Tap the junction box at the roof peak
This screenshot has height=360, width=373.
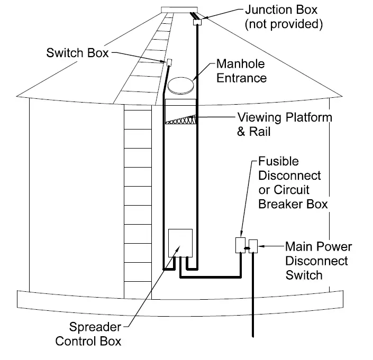click(197, 21)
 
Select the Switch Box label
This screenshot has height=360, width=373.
click(77, 52)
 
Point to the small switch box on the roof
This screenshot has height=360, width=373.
click(169, 62)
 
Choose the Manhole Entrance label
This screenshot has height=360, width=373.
click(242, 71)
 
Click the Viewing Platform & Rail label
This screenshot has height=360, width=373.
click(284, 124)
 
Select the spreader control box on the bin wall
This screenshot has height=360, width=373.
click(180, 243)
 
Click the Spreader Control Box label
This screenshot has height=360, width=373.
click(88, 334)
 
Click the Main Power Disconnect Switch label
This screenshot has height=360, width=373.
click(318, 261)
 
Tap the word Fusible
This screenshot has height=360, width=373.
click(278, 161)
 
